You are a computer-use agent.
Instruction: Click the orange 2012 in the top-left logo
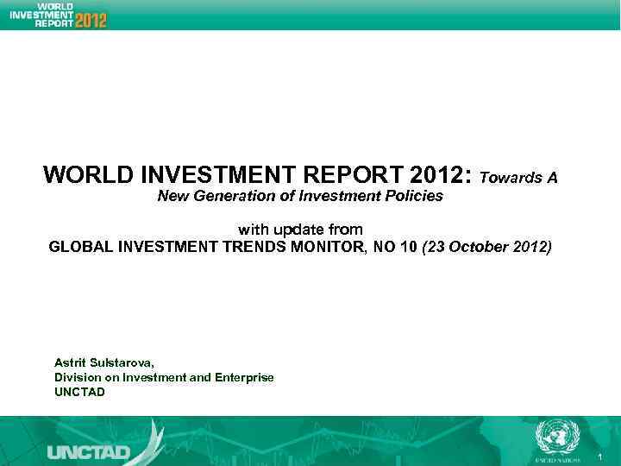pos(91,18)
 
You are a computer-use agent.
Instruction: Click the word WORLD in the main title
pos(83,176)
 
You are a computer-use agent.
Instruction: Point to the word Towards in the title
pos(509,178)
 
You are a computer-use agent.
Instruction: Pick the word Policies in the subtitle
pos(415,196)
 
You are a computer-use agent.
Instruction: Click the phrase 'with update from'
pos(299,229)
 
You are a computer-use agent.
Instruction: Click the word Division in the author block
pos(77,377)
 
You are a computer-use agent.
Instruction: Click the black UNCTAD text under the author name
pos(79,392)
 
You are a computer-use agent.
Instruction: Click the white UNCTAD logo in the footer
pos(88,451)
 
